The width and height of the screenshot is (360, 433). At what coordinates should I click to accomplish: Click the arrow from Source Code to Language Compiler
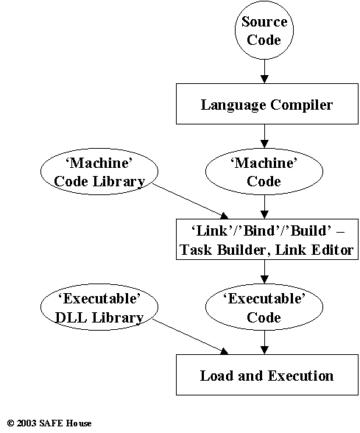click(264, 71)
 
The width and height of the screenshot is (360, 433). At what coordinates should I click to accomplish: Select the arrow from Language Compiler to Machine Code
click(264, 136)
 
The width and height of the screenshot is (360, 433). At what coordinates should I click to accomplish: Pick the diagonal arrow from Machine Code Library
click(191, 201)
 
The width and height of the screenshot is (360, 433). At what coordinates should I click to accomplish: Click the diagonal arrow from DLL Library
click(191, 337)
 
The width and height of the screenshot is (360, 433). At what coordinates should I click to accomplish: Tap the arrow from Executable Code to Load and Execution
click(264, 342)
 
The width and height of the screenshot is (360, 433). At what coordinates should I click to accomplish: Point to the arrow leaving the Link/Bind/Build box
click(264, 272)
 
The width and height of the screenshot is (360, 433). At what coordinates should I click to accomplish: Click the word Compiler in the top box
click(302, 105)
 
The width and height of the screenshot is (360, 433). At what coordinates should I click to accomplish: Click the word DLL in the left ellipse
click(71, 317)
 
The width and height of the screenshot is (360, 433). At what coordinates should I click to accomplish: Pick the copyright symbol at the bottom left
click(10, 423)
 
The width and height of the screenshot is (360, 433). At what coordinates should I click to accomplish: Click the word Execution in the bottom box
click(300, 376)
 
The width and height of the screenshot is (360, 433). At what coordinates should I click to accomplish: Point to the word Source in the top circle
click(264, 21)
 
